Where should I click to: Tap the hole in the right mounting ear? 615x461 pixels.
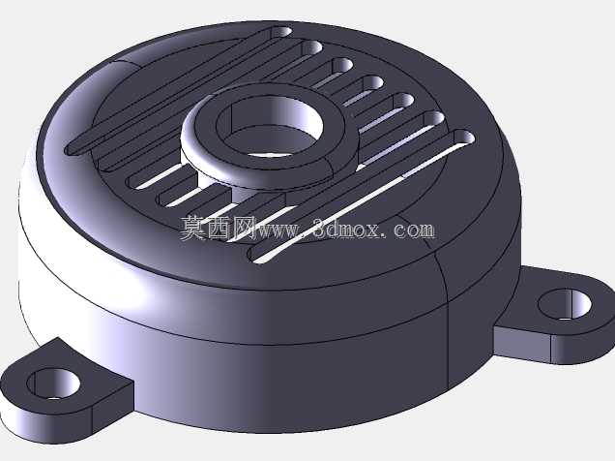pos(565,304)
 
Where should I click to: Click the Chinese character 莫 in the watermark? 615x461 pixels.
pos(193,229)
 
